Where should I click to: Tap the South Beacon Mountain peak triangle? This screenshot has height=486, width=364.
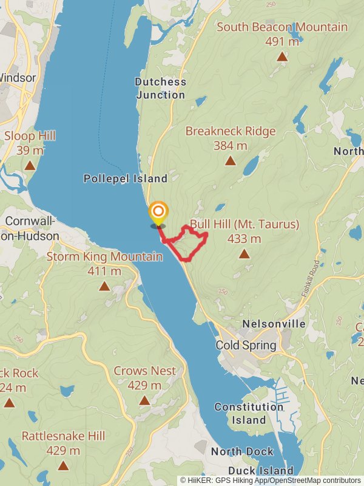(282, 56)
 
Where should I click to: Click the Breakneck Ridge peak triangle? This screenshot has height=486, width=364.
(230, 160)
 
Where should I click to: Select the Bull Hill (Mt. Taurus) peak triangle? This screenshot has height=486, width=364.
(244, 253)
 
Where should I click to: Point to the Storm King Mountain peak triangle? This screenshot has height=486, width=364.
(104, 286)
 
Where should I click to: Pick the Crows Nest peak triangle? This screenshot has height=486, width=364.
(144, 400)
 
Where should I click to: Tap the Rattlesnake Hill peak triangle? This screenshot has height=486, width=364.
(63, 465)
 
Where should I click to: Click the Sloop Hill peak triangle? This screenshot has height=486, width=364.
(30, 165)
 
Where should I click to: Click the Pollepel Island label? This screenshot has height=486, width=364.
(125, 179)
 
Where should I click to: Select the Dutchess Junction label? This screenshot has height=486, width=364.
(160, 88)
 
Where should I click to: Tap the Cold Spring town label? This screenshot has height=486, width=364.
(246, 345)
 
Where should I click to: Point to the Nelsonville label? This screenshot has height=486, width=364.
(274, 324)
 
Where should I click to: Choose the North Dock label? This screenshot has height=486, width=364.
(242, 451)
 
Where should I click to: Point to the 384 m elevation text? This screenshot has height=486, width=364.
(231, 146)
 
